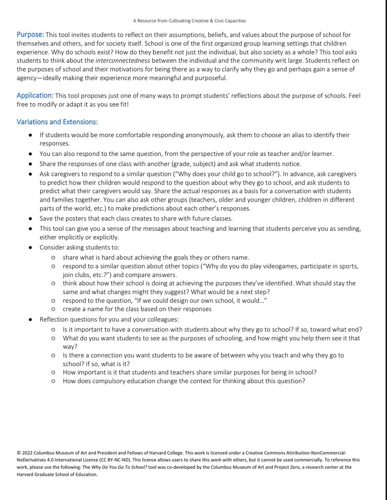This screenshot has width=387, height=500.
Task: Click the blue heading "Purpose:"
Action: (30, 35)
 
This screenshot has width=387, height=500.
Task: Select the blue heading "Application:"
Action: (35, 95)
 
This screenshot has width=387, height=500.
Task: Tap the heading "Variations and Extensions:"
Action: (57, 122)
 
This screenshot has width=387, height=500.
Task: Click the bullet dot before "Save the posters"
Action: (31, 219)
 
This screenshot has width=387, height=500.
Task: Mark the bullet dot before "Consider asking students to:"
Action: (31, 247)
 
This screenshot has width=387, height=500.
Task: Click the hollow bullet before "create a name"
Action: (54, 309)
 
